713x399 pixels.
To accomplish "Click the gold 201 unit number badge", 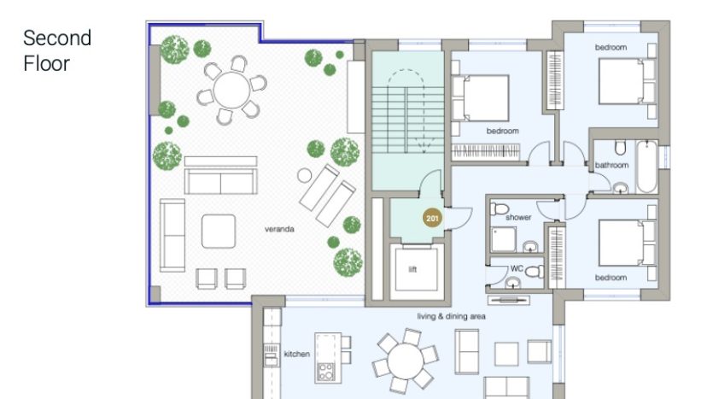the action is pos(432,219).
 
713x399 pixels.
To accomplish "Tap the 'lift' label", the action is pos(412,269).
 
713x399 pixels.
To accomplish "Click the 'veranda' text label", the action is pos(279,229).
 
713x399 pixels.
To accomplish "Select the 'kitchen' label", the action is pos(297,354).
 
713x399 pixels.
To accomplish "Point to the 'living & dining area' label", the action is pos(451,316).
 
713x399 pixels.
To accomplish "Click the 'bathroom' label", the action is pos(611,165).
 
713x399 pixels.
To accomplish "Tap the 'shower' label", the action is pos(518,218).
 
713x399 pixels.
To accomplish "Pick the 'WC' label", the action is pos(517,268).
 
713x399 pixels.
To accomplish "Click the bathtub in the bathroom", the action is pos(646,167).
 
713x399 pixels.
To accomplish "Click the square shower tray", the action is pos(504,239).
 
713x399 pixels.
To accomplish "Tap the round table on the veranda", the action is pos(231,90).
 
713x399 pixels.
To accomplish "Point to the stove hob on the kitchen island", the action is pos(325,371).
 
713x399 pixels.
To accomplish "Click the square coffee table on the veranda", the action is pos(219,232).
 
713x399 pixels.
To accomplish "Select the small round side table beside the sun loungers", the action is pos(304,176).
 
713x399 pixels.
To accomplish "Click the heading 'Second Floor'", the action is pos(57,50).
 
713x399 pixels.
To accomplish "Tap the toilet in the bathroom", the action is pos(620,148).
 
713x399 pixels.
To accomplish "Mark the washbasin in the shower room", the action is pos(530,247).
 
